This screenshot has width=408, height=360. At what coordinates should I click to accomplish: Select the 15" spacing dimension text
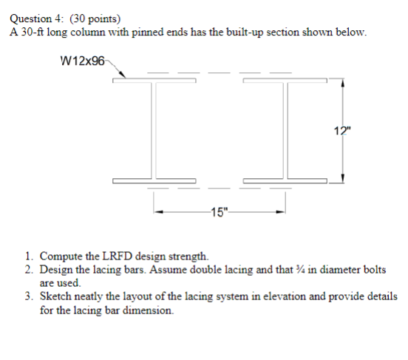[x=220, y=214]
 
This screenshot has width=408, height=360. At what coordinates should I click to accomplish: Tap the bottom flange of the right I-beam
[x=285, y=180]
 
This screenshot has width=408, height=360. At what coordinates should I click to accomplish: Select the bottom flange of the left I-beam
[x=155, y=180]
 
